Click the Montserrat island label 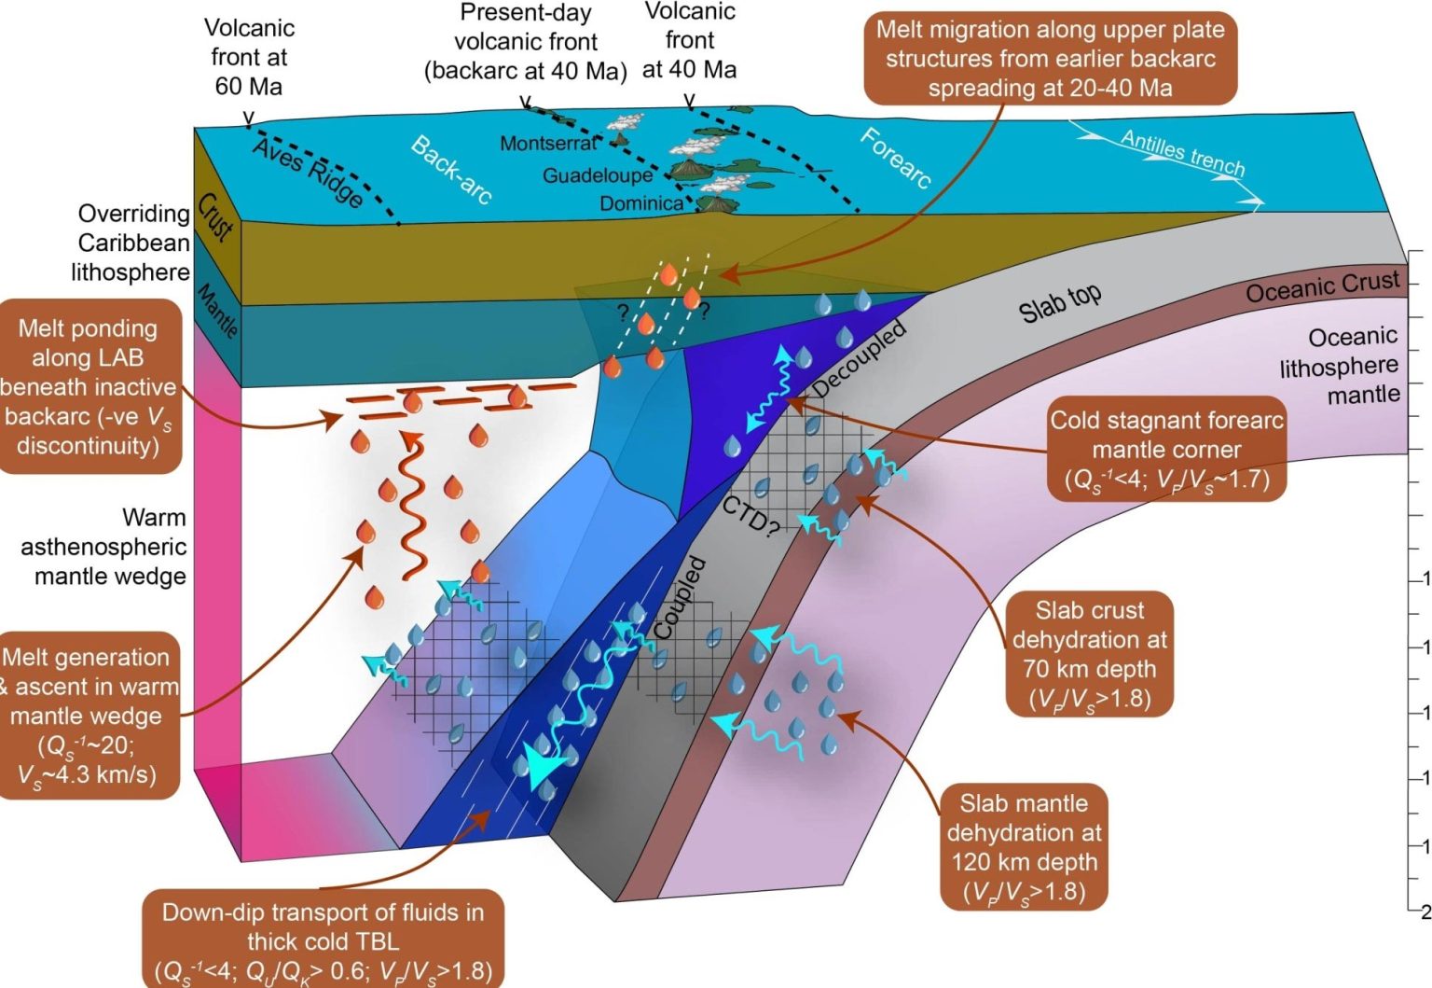coord(547,144)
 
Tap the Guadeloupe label coord(598,175)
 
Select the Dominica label coord(640,203)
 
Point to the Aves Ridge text coord(308,173)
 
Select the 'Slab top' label coord(1059,303)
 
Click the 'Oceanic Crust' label coord(1322,287)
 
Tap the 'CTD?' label coord(750,516)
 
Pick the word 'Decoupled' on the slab coord(859,358)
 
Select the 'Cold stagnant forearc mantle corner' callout coord(1166,450)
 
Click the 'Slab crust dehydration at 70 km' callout coord(1089,654)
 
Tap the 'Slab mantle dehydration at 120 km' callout coord(1023,847)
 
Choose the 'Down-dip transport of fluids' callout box coord(323,940)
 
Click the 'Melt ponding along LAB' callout coord(89,386)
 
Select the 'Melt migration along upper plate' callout coord(1050,58)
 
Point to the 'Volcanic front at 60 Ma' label coord(248,58)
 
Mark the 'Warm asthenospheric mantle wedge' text coord(103,547)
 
